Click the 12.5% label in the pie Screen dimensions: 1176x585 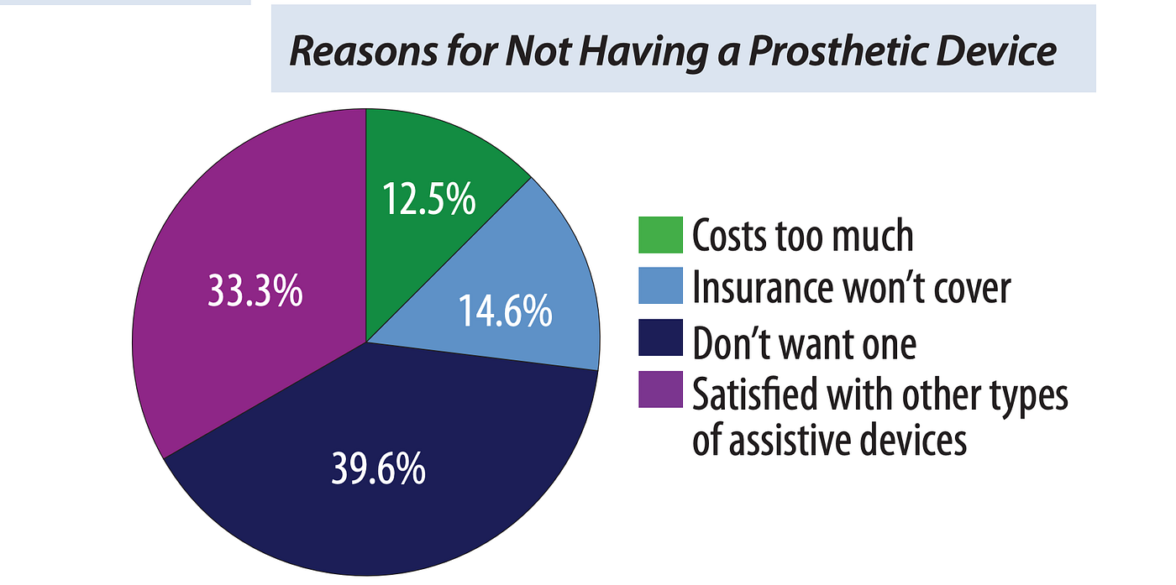point(429,199)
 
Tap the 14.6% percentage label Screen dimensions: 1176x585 point(506,311)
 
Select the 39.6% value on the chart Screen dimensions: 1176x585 point(379,469)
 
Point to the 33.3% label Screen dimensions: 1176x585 point(255,290)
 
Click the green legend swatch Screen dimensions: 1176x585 point(660,234)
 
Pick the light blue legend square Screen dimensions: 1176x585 point(660,285)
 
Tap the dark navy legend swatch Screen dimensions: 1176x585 point(660,337)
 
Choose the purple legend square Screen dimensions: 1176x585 point(660,389)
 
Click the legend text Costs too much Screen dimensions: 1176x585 point(803,236)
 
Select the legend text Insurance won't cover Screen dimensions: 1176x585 point(852,287)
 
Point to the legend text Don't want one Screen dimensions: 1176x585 point(805,342)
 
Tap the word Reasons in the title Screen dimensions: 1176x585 point(363,51)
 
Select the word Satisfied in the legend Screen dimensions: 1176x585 point(755,394)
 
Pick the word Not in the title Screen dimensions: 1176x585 point(538,51)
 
